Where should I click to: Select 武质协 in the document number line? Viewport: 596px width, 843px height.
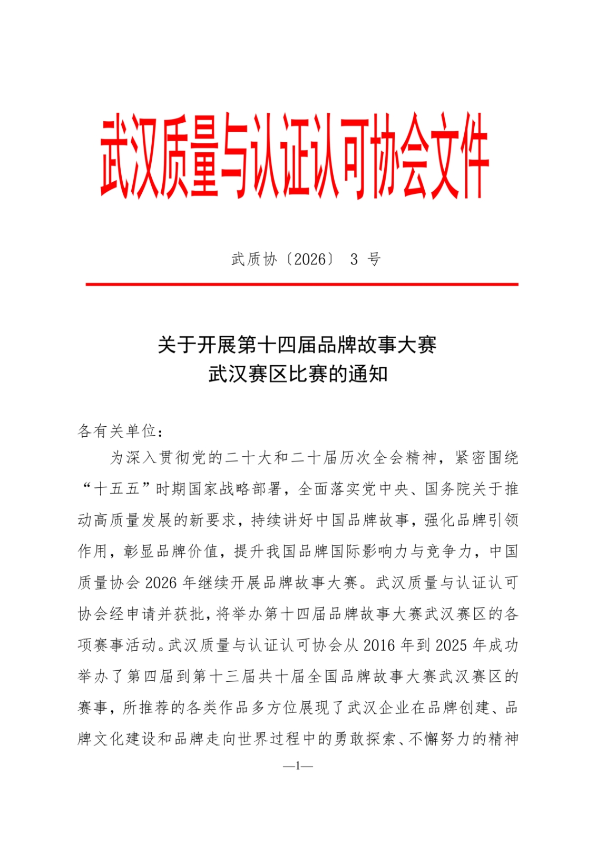(x=253, y=259)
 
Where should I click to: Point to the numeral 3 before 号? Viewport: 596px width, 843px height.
(x=354, y=259)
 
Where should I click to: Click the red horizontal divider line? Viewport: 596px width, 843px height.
(x=302, y=285)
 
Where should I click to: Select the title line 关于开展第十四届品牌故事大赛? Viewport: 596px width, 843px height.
(x=298, y=346)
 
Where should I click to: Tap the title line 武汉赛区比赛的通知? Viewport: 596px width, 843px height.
(x=298, y=375)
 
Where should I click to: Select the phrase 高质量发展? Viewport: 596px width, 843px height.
(x=133, y=521)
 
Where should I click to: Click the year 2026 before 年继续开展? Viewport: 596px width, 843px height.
(x=161, y=583)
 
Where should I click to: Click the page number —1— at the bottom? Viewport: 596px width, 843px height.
(x=298, y=766)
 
